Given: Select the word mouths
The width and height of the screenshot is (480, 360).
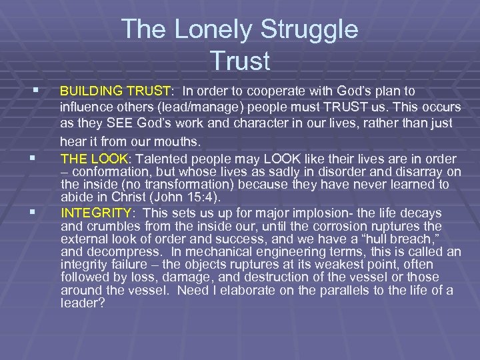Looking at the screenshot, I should click(x=182, y=141).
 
